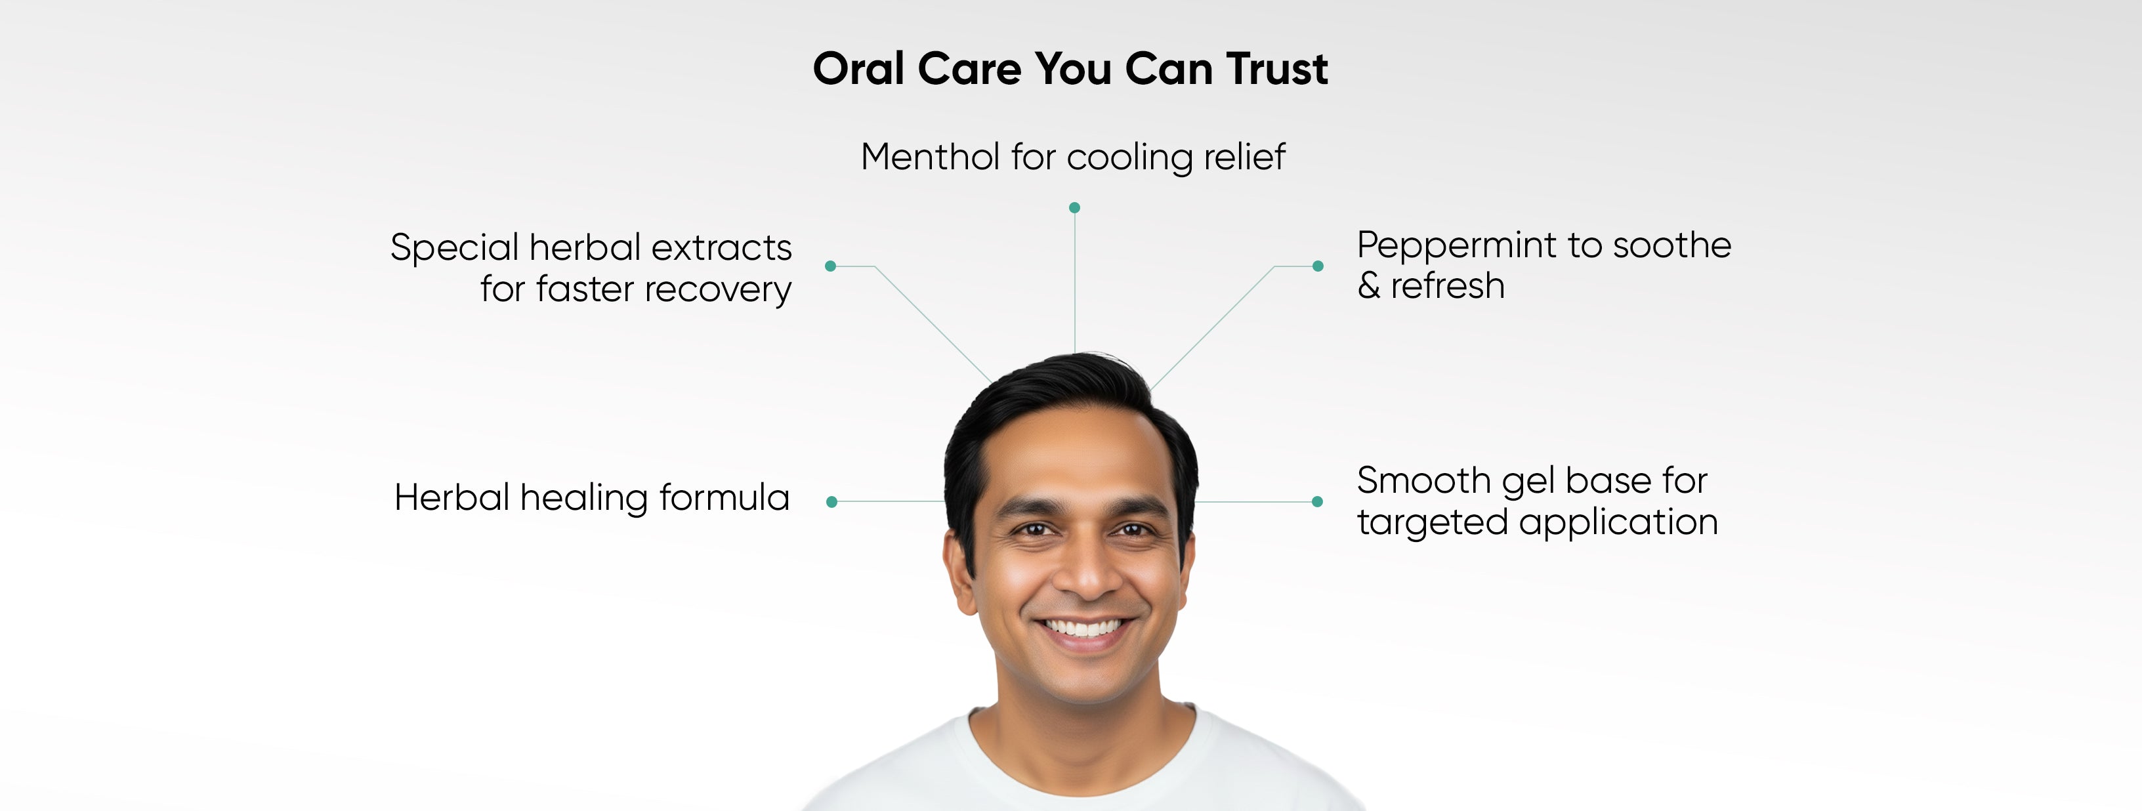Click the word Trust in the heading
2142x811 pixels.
click(x=1277, y=68)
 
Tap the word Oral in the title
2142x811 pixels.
click(x=858, y=68)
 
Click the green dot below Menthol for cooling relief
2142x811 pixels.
click(x=1074, y=207)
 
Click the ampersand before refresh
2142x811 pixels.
click(x=1369, y=285)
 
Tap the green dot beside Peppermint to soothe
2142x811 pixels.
click(x=1318, y=266)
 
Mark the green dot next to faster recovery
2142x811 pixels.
click(x=830, y=266)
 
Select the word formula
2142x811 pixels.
click(x=724, y=497)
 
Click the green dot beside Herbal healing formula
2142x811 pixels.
click(x=831, y=501)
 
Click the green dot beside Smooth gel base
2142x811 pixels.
click(x=1317, y=501)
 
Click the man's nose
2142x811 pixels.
click(x=1087, y=566)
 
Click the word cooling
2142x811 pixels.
click(x=1129, y=158)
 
